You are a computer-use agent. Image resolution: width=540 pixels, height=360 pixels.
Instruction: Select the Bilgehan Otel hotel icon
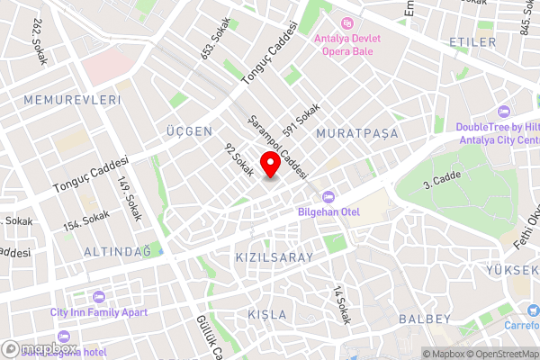[x=328, y=195]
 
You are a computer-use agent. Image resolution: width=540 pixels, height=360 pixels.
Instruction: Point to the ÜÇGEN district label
[x=189, y=131]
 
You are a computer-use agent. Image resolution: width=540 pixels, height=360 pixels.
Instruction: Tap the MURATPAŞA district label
[x=357, y=133]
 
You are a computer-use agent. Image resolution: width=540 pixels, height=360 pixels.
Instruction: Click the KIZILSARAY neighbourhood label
[x=274, y=257]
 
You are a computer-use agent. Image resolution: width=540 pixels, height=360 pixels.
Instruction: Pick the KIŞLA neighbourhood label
[x=267, y=315]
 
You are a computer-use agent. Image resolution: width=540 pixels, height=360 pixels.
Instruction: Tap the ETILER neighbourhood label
[x=472, y=42]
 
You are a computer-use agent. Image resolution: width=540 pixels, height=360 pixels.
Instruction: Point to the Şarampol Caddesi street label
[x=280, y=147]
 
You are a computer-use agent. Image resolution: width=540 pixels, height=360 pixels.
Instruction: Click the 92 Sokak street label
[x=239, y=160]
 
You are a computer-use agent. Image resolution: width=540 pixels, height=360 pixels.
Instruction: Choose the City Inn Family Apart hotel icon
[x=98, y=296]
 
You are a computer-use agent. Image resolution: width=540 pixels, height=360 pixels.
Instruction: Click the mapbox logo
[x=40, y=349]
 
